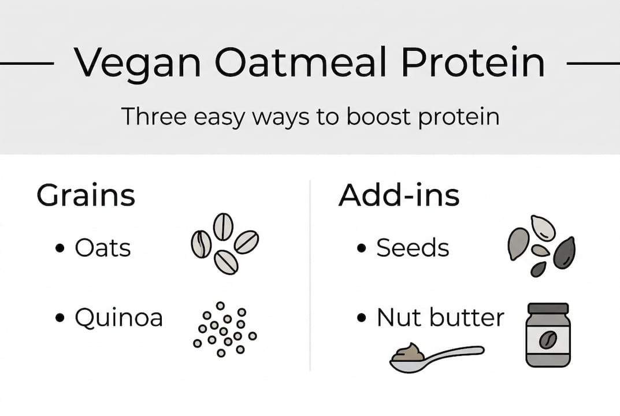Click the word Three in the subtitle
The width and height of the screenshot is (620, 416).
(x=153, y=117)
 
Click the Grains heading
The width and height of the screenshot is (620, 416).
(x=86, y=196)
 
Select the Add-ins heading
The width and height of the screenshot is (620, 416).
(x=399, y=196)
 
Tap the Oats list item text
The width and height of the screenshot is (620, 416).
(x=103, y=248)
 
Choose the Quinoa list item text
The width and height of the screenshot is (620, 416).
(x=118, y=318)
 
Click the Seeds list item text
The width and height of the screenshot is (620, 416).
(x=413, y=248)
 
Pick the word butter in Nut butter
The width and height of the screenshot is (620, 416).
(x=467, y=318)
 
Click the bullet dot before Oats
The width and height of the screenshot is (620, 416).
(x=60, y=249)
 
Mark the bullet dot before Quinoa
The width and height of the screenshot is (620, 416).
(x=60, y=318)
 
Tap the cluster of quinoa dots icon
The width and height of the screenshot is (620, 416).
(x=225, y=327)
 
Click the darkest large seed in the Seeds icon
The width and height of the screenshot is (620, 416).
(x=564, y=254)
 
